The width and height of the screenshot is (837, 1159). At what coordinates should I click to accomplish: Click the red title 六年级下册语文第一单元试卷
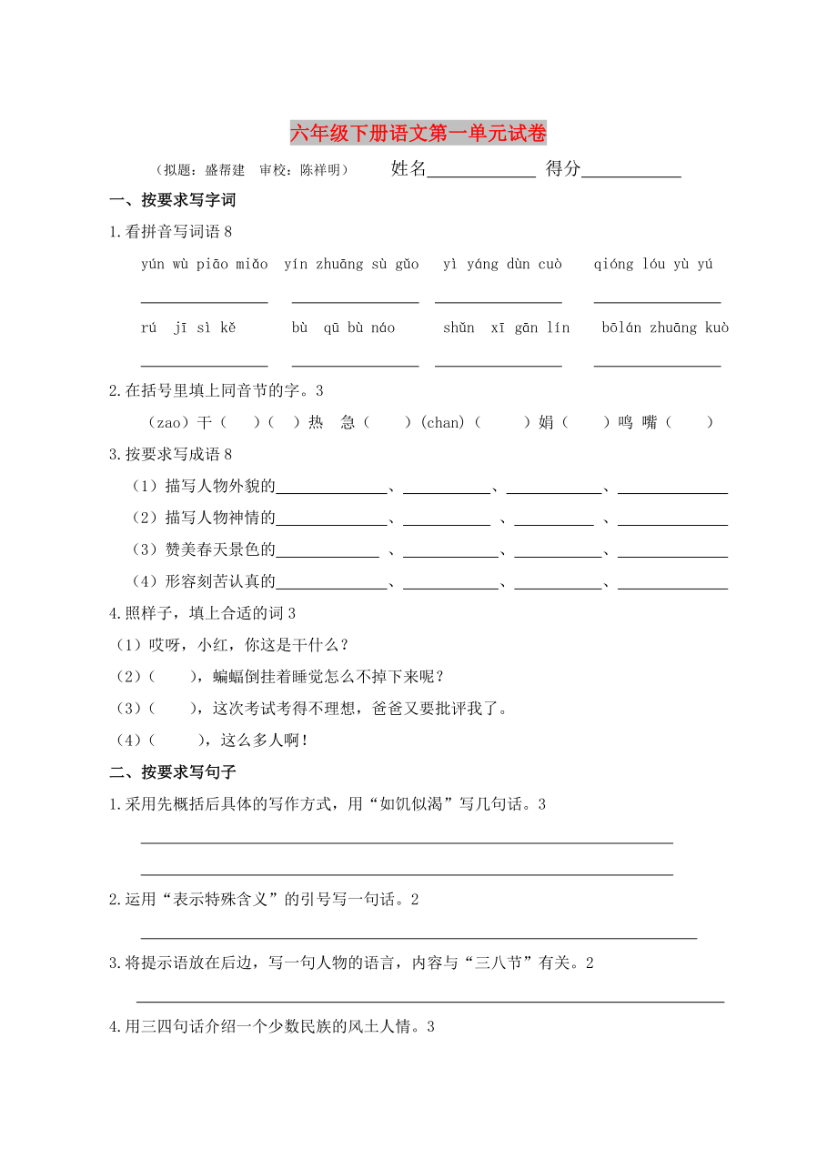tap(418, 135)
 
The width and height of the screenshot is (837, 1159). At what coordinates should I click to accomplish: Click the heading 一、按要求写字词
tap(173, 201)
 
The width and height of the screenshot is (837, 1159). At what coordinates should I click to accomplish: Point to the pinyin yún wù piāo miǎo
tap(205, 265)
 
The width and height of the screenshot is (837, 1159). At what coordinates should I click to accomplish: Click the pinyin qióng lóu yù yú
tap(653, 265)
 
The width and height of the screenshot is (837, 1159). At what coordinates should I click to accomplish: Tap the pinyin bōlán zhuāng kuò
tap(665, 328)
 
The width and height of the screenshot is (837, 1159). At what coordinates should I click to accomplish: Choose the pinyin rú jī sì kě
tap(188, 328)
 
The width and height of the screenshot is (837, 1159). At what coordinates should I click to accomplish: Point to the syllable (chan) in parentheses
tap(443, 422)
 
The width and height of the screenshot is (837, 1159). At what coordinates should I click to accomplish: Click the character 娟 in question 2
tap(545, 422)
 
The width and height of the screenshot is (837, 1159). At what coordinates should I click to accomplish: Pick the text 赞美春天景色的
tap(220, 549)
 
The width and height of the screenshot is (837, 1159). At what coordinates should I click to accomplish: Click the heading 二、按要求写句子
tap(173, 772)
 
